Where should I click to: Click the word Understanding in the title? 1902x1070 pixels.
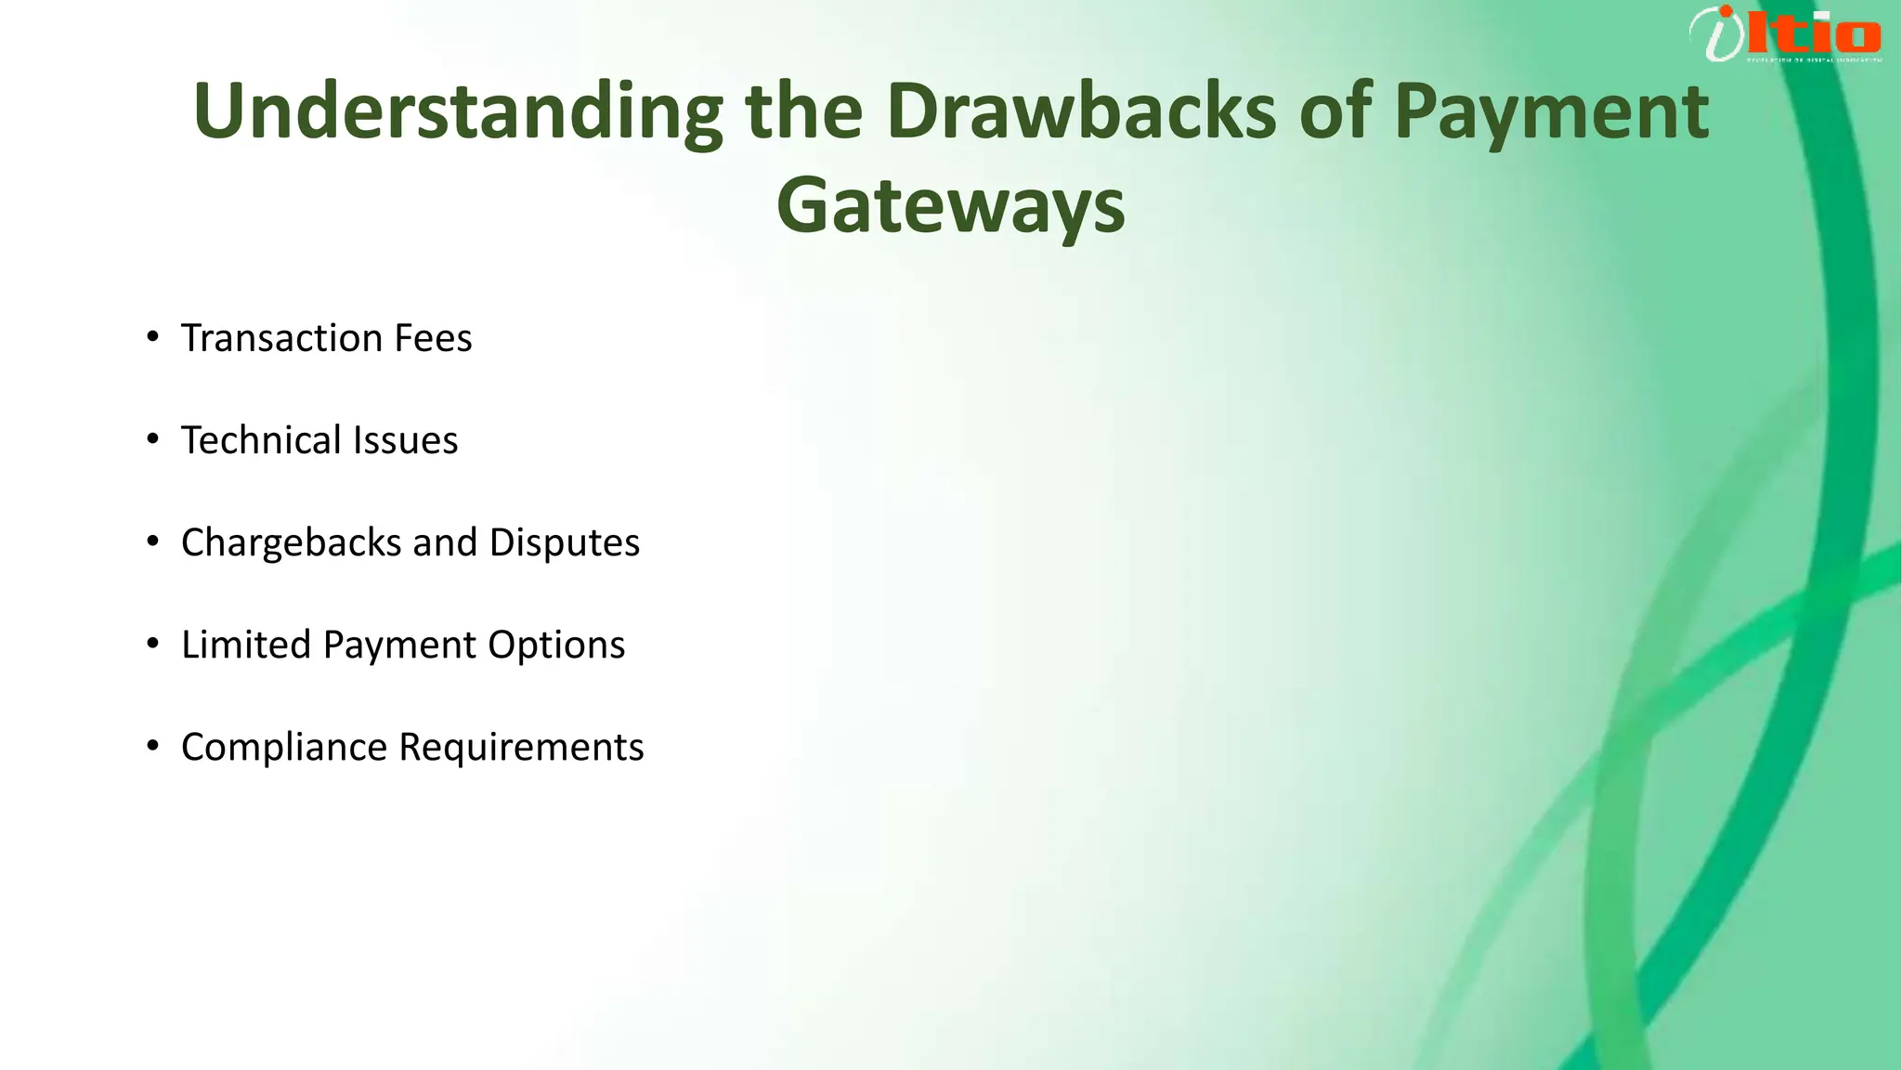457,111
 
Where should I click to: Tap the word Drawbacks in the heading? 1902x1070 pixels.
1081,111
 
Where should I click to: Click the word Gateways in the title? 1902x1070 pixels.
950,205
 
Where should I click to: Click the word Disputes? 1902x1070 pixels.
565,542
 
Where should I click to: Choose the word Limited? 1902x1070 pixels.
246,645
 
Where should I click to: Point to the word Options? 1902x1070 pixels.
556,645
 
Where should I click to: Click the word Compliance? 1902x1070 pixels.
284,747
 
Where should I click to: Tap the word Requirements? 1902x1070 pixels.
521,747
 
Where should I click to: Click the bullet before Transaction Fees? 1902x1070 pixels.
153,336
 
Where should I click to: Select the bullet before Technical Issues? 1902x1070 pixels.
153,438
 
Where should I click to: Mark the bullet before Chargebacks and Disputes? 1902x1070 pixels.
153,541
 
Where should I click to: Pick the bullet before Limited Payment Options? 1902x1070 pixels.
153,643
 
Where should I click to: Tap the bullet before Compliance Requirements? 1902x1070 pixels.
153,745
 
